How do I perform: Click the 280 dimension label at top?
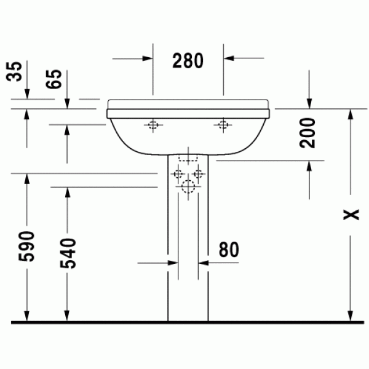coord(188,60)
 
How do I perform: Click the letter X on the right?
coord(351,214)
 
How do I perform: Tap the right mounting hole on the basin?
coord(222,126)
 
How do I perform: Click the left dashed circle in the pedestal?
coord(178,174)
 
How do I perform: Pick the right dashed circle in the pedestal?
coord(197,174)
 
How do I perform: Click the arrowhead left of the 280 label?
coord(147,58)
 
